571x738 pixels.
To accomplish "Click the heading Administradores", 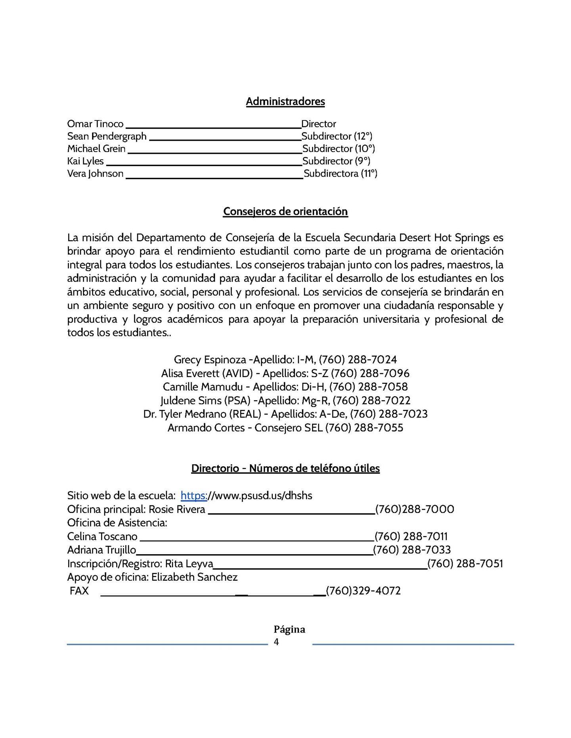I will pos(285,101).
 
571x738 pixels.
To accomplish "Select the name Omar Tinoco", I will pos(95,124).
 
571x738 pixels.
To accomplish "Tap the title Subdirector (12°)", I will pos(337,136).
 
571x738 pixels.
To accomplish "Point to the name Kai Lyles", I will pos(85,161).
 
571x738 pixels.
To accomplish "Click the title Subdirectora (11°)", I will pos(341,174).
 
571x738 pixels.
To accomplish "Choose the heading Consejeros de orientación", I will pos(285,212).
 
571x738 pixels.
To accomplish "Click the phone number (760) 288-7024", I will pos(358,360).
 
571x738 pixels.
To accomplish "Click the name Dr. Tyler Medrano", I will pos(185,414).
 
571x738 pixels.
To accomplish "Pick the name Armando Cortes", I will pos(206,428).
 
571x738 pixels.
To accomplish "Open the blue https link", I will pos(194,496).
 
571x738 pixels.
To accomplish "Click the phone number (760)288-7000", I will pos(414,509).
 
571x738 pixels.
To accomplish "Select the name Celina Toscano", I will pos(102,536).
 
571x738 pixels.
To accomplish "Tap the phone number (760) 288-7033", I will pos(412,550).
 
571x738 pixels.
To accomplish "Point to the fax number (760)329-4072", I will pos(363,591).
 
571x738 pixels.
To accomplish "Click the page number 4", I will pos(276,642).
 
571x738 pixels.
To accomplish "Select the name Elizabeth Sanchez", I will pos(194,577).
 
